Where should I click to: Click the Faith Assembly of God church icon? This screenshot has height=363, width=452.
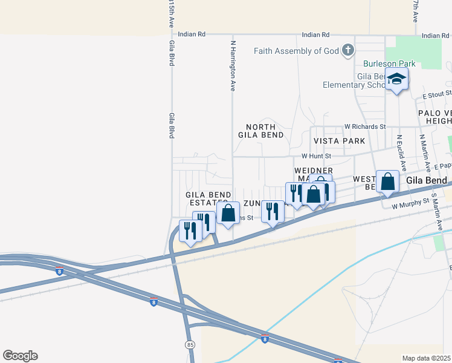pos(348,51)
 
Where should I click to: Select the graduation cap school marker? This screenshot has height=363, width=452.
pos(397,79)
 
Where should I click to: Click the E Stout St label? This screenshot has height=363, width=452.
pos(437,95)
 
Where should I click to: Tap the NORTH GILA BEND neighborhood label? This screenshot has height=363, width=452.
pos(260,131)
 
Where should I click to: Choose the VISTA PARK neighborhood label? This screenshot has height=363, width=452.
pos(339,141)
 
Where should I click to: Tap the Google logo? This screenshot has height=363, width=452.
pos(20,356)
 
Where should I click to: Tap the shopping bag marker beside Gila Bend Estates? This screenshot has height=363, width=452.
pos(228,214)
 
